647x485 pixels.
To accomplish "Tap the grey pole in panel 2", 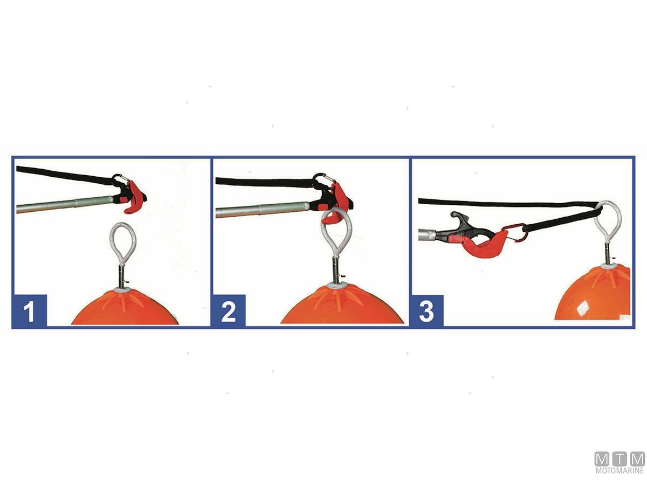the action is [263, 209].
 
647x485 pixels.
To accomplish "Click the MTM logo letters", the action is [620, 459].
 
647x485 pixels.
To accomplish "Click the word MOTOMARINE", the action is [620, 470].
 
